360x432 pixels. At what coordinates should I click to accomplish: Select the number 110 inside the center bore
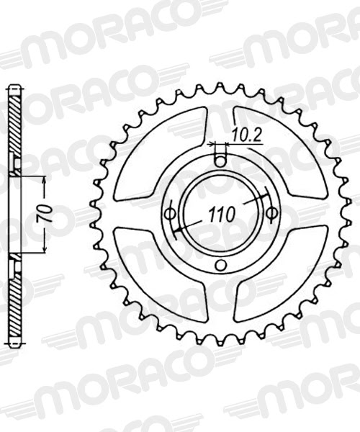point(221,213)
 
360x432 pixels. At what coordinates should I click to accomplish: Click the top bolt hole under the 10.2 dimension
point(220,161)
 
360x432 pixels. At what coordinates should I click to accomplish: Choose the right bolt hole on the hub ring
point(272,213)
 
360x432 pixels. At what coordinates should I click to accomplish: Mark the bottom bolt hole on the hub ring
point(220,266)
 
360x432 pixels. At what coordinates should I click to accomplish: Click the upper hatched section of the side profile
point(14,122)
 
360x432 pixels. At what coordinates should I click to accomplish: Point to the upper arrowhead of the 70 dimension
point(45,180)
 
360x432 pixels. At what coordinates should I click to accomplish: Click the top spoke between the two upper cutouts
point(220,122)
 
